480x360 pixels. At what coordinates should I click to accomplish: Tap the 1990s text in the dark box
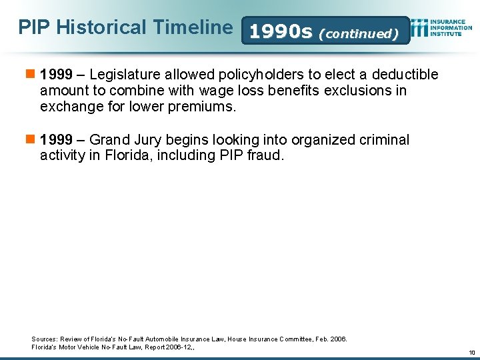click(x=280, y=31)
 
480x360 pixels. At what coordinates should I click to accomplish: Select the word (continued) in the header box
click(x=358, y=33)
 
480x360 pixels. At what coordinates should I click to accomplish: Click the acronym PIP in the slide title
click(x=34, y=27)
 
